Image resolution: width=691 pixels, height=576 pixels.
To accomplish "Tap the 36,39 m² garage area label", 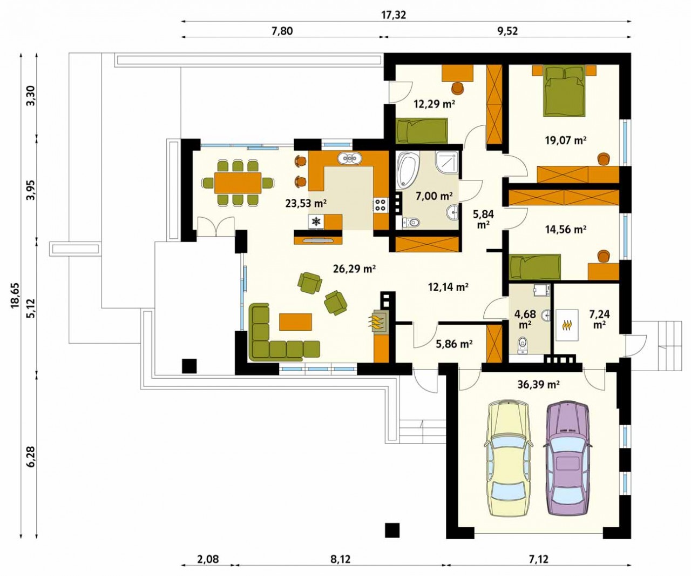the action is point(538,384).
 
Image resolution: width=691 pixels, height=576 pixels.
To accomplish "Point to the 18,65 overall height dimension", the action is point(16,296).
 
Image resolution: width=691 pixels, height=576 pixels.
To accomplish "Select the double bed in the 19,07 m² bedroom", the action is point(564,91).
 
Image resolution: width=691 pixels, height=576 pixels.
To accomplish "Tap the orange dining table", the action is point(238,183).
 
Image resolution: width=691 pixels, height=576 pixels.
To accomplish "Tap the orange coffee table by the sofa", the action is point(295,322).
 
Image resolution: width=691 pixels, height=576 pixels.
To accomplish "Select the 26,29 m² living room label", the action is point(354,269).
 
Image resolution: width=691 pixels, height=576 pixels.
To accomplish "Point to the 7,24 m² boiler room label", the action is point(599,319).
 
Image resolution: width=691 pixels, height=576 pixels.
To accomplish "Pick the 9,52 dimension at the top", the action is point(507,31).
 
